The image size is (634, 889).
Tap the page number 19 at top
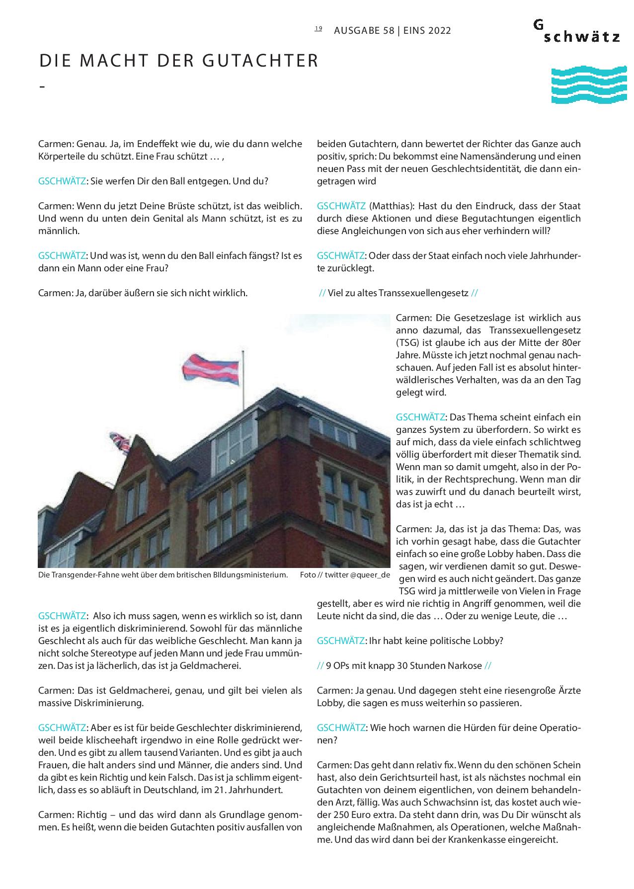318,29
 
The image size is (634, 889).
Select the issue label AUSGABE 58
364,31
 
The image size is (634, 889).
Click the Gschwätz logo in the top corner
576,31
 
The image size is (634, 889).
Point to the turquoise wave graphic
588,85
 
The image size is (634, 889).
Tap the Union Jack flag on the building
120,441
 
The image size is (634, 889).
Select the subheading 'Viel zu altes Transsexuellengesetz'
398,293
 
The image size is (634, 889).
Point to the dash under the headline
42,86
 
